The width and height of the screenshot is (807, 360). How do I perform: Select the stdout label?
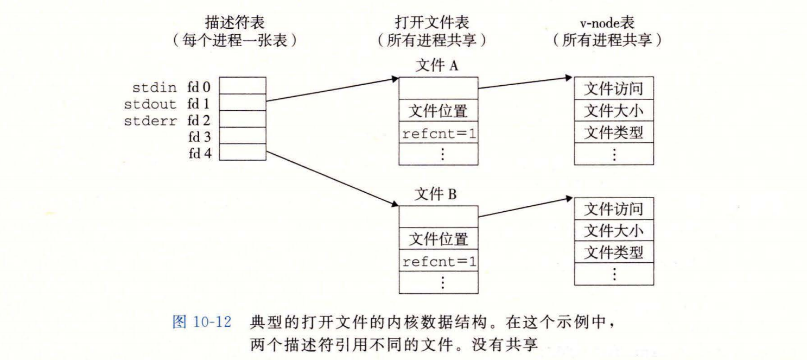tap(150, 104)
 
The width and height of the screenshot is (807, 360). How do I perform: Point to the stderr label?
tap(150, 121)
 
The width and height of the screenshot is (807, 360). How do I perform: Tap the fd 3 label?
tap(199, 137)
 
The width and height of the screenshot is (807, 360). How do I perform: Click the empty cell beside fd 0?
tap(243, 86)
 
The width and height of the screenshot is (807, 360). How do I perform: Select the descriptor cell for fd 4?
tap(243, 152)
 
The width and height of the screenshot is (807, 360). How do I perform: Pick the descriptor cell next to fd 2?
tap(243, 119)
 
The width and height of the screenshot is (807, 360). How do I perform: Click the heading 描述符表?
tap(235, 22)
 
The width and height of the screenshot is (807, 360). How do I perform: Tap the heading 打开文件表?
tap(432, 22)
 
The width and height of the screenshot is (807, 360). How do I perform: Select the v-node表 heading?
tap(607, 23)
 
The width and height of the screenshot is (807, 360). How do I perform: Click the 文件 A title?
tap(437, 66)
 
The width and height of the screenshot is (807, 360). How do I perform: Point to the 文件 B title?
tap(435, 194)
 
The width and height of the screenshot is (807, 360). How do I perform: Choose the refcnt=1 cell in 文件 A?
tap(439, 132)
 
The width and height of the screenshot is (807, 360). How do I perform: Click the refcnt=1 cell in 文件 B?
tap(439, 261)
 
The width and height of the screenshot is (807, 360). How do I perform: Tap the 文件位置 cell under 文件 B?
tap(439, 238)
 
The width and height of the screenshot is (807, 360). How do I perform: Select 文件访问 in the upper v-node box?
tap(614, 89)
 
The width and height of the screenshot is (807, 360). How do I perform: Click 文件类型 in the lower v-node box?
tap(614, 252)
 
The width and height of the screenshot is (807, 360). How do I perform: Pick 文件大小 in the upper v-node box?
tap(614, 110)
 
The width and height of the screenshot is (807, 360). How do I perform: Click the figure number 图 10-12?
tap(202, 322)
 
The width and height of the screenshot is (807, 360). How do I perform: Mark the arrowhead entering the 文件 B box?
tap(395, 204)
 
